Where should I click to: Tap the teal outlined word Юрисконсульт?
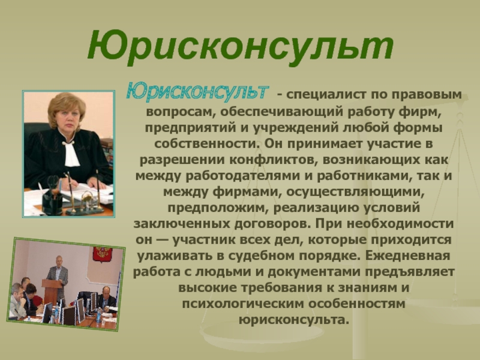coord(197,91)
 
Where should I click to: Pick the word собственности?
coord(207,143)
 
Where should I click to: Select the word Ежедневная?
coord(407,256)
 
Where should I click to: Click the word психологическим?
coord(242,304)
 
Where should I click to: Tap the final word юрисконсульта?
coord(294,320)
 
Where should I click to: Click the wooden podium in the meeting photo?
coord(52,291)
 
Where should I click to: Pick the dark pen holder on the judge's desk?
coord(52,200)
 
